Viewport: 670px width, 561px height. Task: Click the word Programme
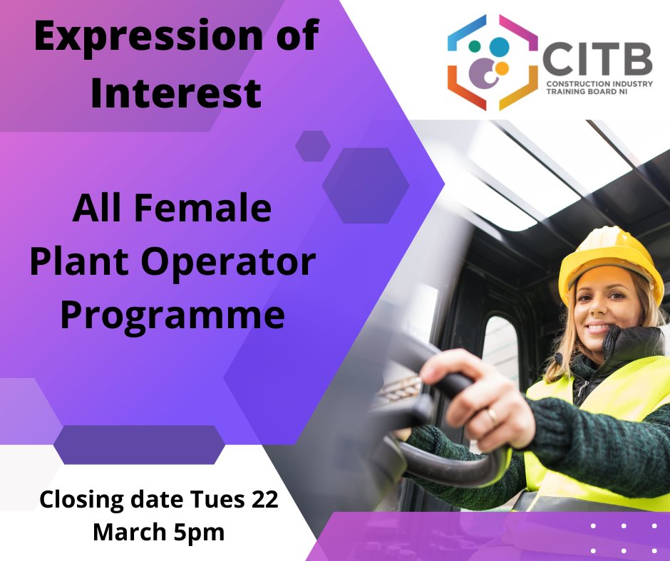point(172,314)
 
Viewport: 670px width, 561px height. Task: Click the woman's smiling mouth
point(597,329)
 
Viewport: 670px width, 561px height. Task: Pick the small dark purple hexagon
point(313,146)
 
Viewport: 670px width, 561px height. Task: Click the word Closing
point(78,499)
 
